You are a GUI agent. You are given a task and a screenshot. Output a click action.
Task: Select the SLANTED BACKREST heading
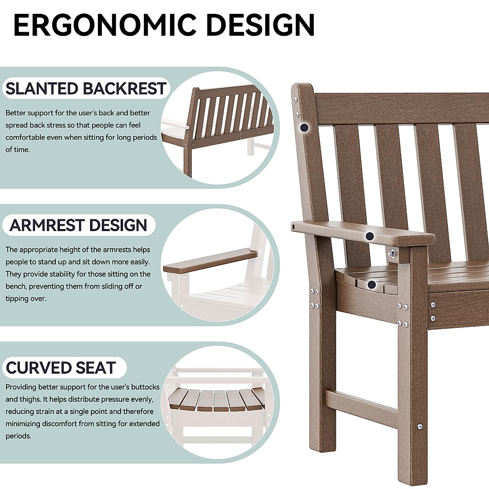tap(86, 88)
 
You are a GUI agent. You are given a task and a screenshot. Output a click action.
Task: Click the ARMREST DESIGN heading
tap(78, 225)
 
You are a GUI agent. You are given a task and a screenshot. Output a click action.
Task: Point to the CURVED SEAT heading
tap(61, 368)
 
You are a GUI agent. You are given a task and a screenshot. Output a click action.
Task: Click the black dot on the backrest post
tap(303, 128)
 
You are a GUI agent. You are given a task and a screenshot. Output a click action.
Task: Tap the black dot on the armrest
tap(370, 236)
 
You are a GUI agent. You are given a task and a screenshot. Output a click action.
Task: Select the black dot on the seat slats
tap(372, 284)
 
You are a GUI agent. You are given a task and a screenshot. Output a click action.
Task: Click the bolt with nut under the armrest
tap(392, 254)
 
